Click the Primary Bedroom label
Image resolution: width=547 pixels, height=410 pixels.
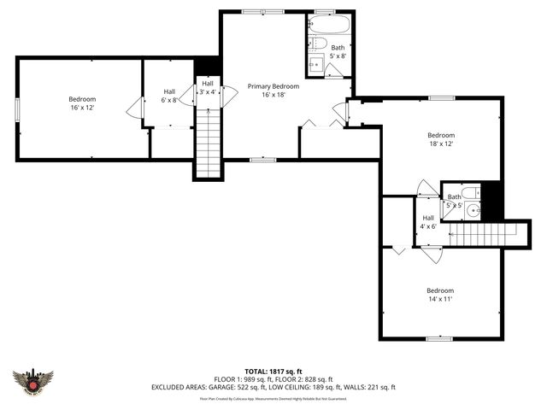click(273, 86)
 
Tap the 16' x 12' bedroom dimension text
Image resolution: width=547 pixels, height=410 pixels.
click(83, 108)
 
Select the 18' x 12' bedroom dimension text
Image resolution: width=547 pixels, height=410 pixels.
click(441, 144)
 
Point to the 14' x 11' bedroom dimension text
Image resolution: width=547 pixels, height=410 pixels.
click(440, 299)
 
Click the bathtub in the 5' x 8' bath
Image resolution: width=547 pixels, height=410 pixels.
click(325, 25)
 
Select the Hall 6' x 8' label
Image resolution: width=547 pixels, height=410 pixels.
click(169, 96)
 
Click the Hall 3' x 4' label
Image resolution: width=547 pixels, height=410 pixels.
click(208, 87)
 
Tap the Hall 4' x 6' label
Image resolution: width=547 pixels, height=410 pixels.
click(428, 222)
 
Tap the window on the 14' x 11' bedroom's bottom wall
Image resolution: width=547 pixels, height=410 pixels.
click(439, 339)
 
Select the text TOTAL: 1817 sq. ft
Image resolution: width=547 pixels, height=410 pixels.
click(273, 372)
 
